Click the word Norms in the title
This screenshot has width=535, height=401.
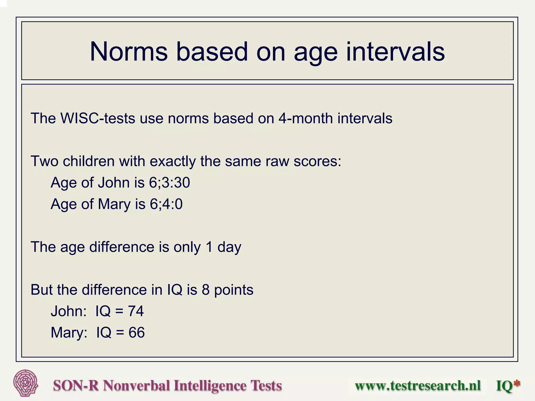pyautogui.click(x=129, y=52)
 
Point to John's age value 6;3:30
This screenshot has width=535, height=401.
pyautogui.click(x=169, y=183)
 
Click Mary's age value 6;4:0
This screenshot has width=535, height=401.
pyautogui.click(x=166, y=204)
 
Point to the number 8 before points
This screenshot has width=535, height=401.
pyautogui.click(x=206, y=290)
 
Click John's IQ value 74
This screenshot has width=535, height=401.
pyautogui.click(x=136, y=311)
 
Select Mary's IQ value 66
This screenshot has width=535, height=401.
pyautogui.click(x=136, y=333)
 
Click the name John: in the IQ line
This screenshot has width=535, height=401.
pyautogui.click(x=68, y=311)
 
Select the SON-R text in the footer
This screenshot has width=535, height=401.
pyautogui.click(x=76, y=386)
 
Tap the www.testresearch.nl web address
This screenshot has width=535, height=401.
pyautogui.click(x=417, y=386)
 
